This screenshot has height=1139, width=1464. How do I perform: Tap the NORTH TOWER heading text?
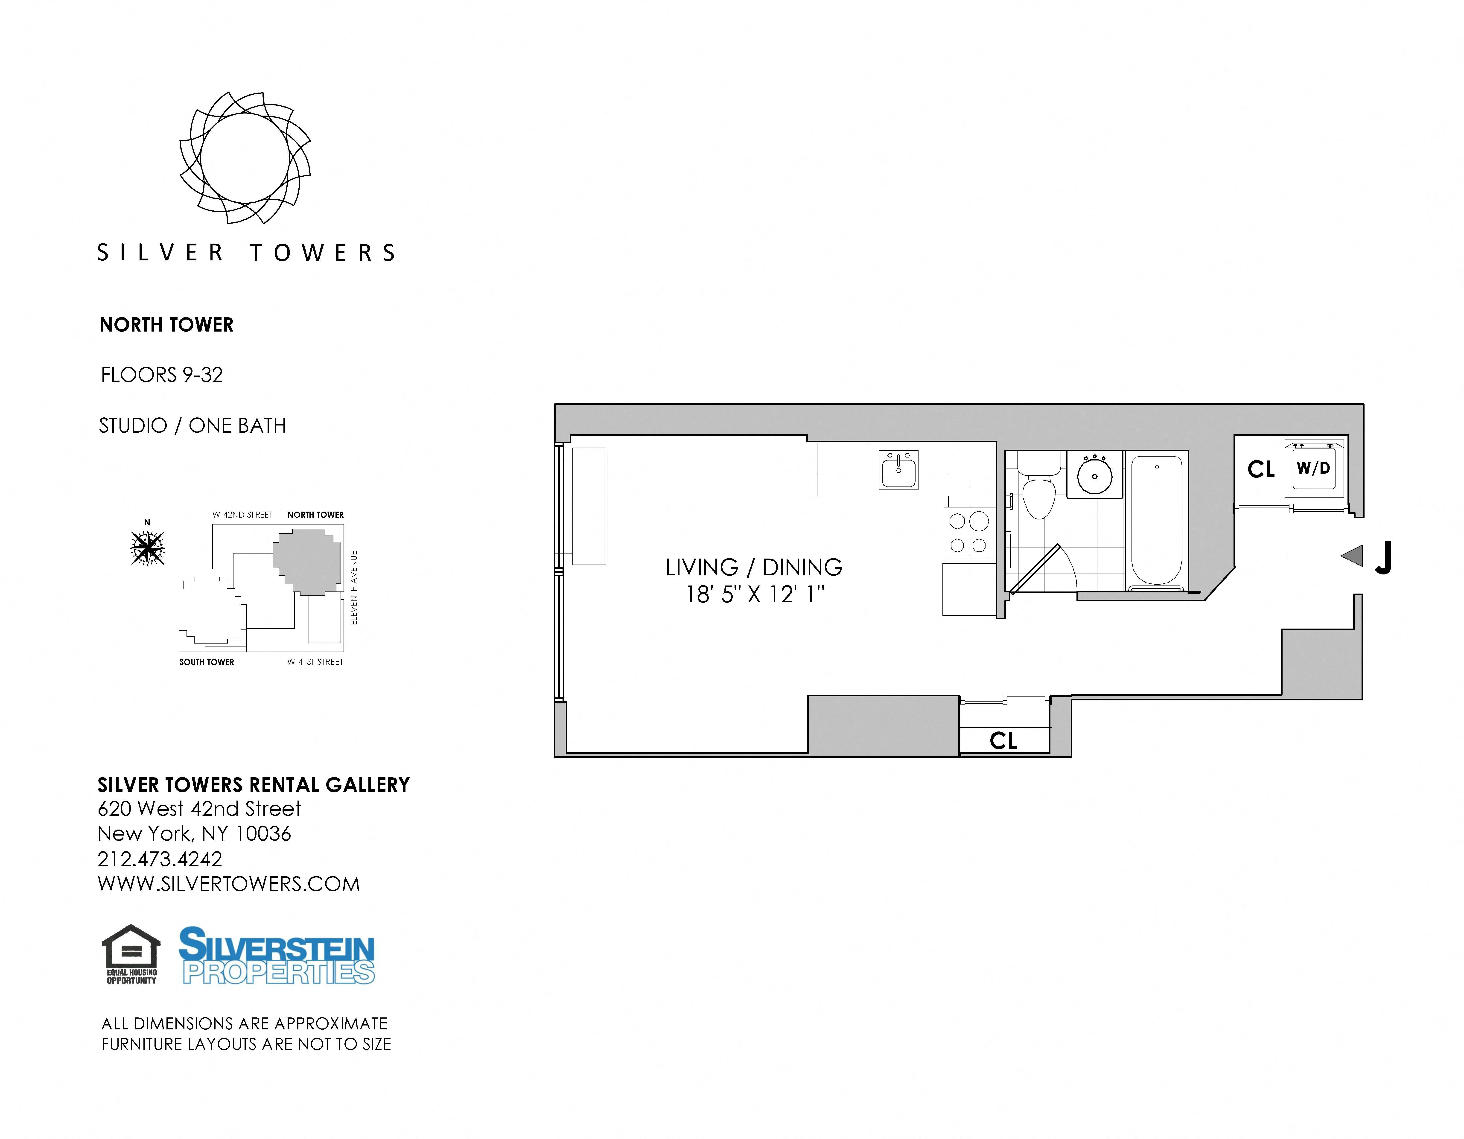coord(166,325)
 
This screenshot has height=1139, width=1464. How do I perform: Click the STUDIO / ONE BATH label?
coord(192,426)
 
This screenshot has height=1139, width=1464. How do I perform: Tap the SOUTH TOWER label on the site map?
coord(207,662)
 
